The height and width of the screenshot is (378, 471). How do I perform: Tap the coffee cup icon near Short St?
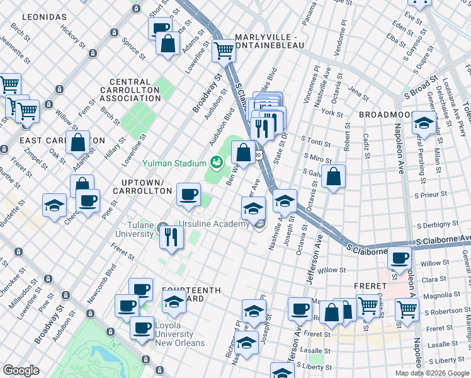pyautogui.click(x=161, y=28)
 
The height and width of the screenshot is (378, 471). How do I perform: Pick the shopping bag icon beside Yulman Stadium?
pyautogui.click(x=243, y=151)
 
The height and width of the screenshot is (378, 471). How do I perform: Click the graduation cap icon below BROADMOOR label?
pyautogui.click(x=424, y=123)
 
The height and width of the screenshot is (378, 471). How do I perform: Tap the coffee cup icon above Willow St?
pyautogui.click(x=399, y=257)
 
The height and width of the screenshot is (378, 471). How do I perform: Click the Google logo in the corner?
pyautogui.click(x=21, y=370)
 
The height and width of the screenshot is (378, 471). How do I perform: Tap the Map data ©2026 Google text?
pyautogui.click(x=431, y=373)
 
